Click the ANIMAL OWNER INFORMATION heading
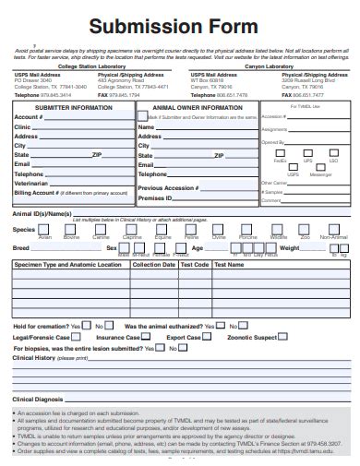[197, 107]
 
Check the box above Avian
[44, 230]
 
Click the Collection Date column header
[154, 264]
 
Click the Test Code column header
[195, 264]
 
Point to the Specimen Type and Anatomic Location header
[67, 264]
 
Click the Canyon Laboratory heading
[268, 66]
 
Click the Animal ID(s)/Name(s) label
[42, 213]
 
